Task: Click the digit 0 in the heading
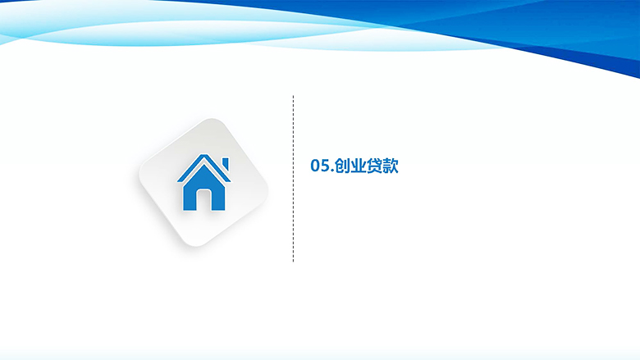pos(316,166)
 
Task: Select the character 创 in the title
pos(342,166)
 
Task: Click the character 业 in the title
pos(358,166)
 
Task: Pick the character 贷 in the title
pos(374,166)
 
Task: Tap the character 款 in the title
pos(391,166)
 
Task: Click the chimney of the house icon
pos(225,163)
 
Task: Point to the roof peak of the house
pos(203,154)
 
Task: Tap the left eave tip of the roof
pos(178,181)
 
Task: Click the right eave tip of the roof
pos(230,181)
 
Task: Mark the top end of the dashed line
pos(293,96)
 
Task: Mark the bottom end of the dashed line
pos(293,261)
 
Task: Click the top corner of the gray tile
pos(212,120)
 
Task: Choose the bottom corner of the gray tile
pos(196,246)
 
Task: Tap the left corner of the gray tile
pos(140,175)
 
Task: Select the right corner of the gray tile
pos(267,191)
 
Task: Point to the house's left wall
pos(190,198)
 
